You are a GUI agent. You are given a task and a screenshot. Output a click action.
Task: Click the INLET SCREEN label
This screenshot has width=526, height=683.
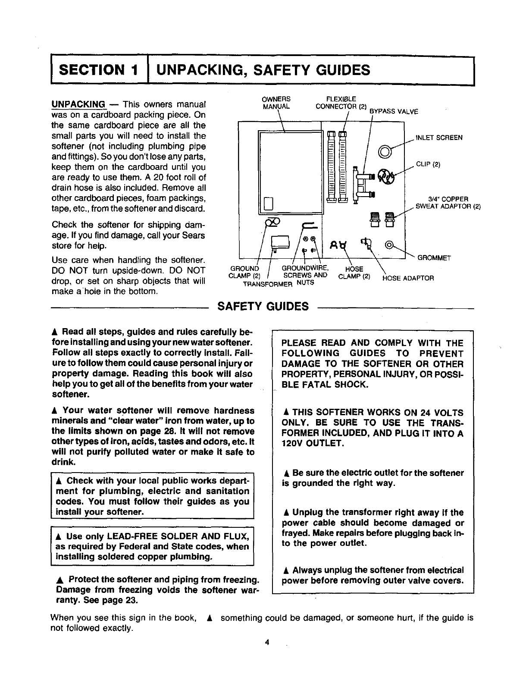point(438,138)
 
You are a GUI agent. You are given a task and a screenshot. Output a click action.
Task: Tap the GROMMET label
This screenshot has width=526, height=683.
point(434,258)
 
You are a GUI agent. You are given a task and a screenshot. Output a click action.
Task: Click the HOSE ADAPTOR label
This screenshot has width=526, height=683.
point(408,278)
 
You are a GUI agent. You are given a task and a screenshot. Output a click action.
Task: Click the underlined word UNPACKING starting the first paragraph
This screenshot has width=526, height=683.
point(78,105)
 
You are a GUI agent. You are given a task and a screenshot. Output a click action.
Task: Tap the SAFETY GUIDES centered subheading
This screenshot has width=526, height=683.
point(263,307)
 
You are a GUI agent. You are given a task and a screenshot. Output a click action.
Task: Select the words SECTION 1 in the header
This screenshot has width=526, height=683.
point(100,70)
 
